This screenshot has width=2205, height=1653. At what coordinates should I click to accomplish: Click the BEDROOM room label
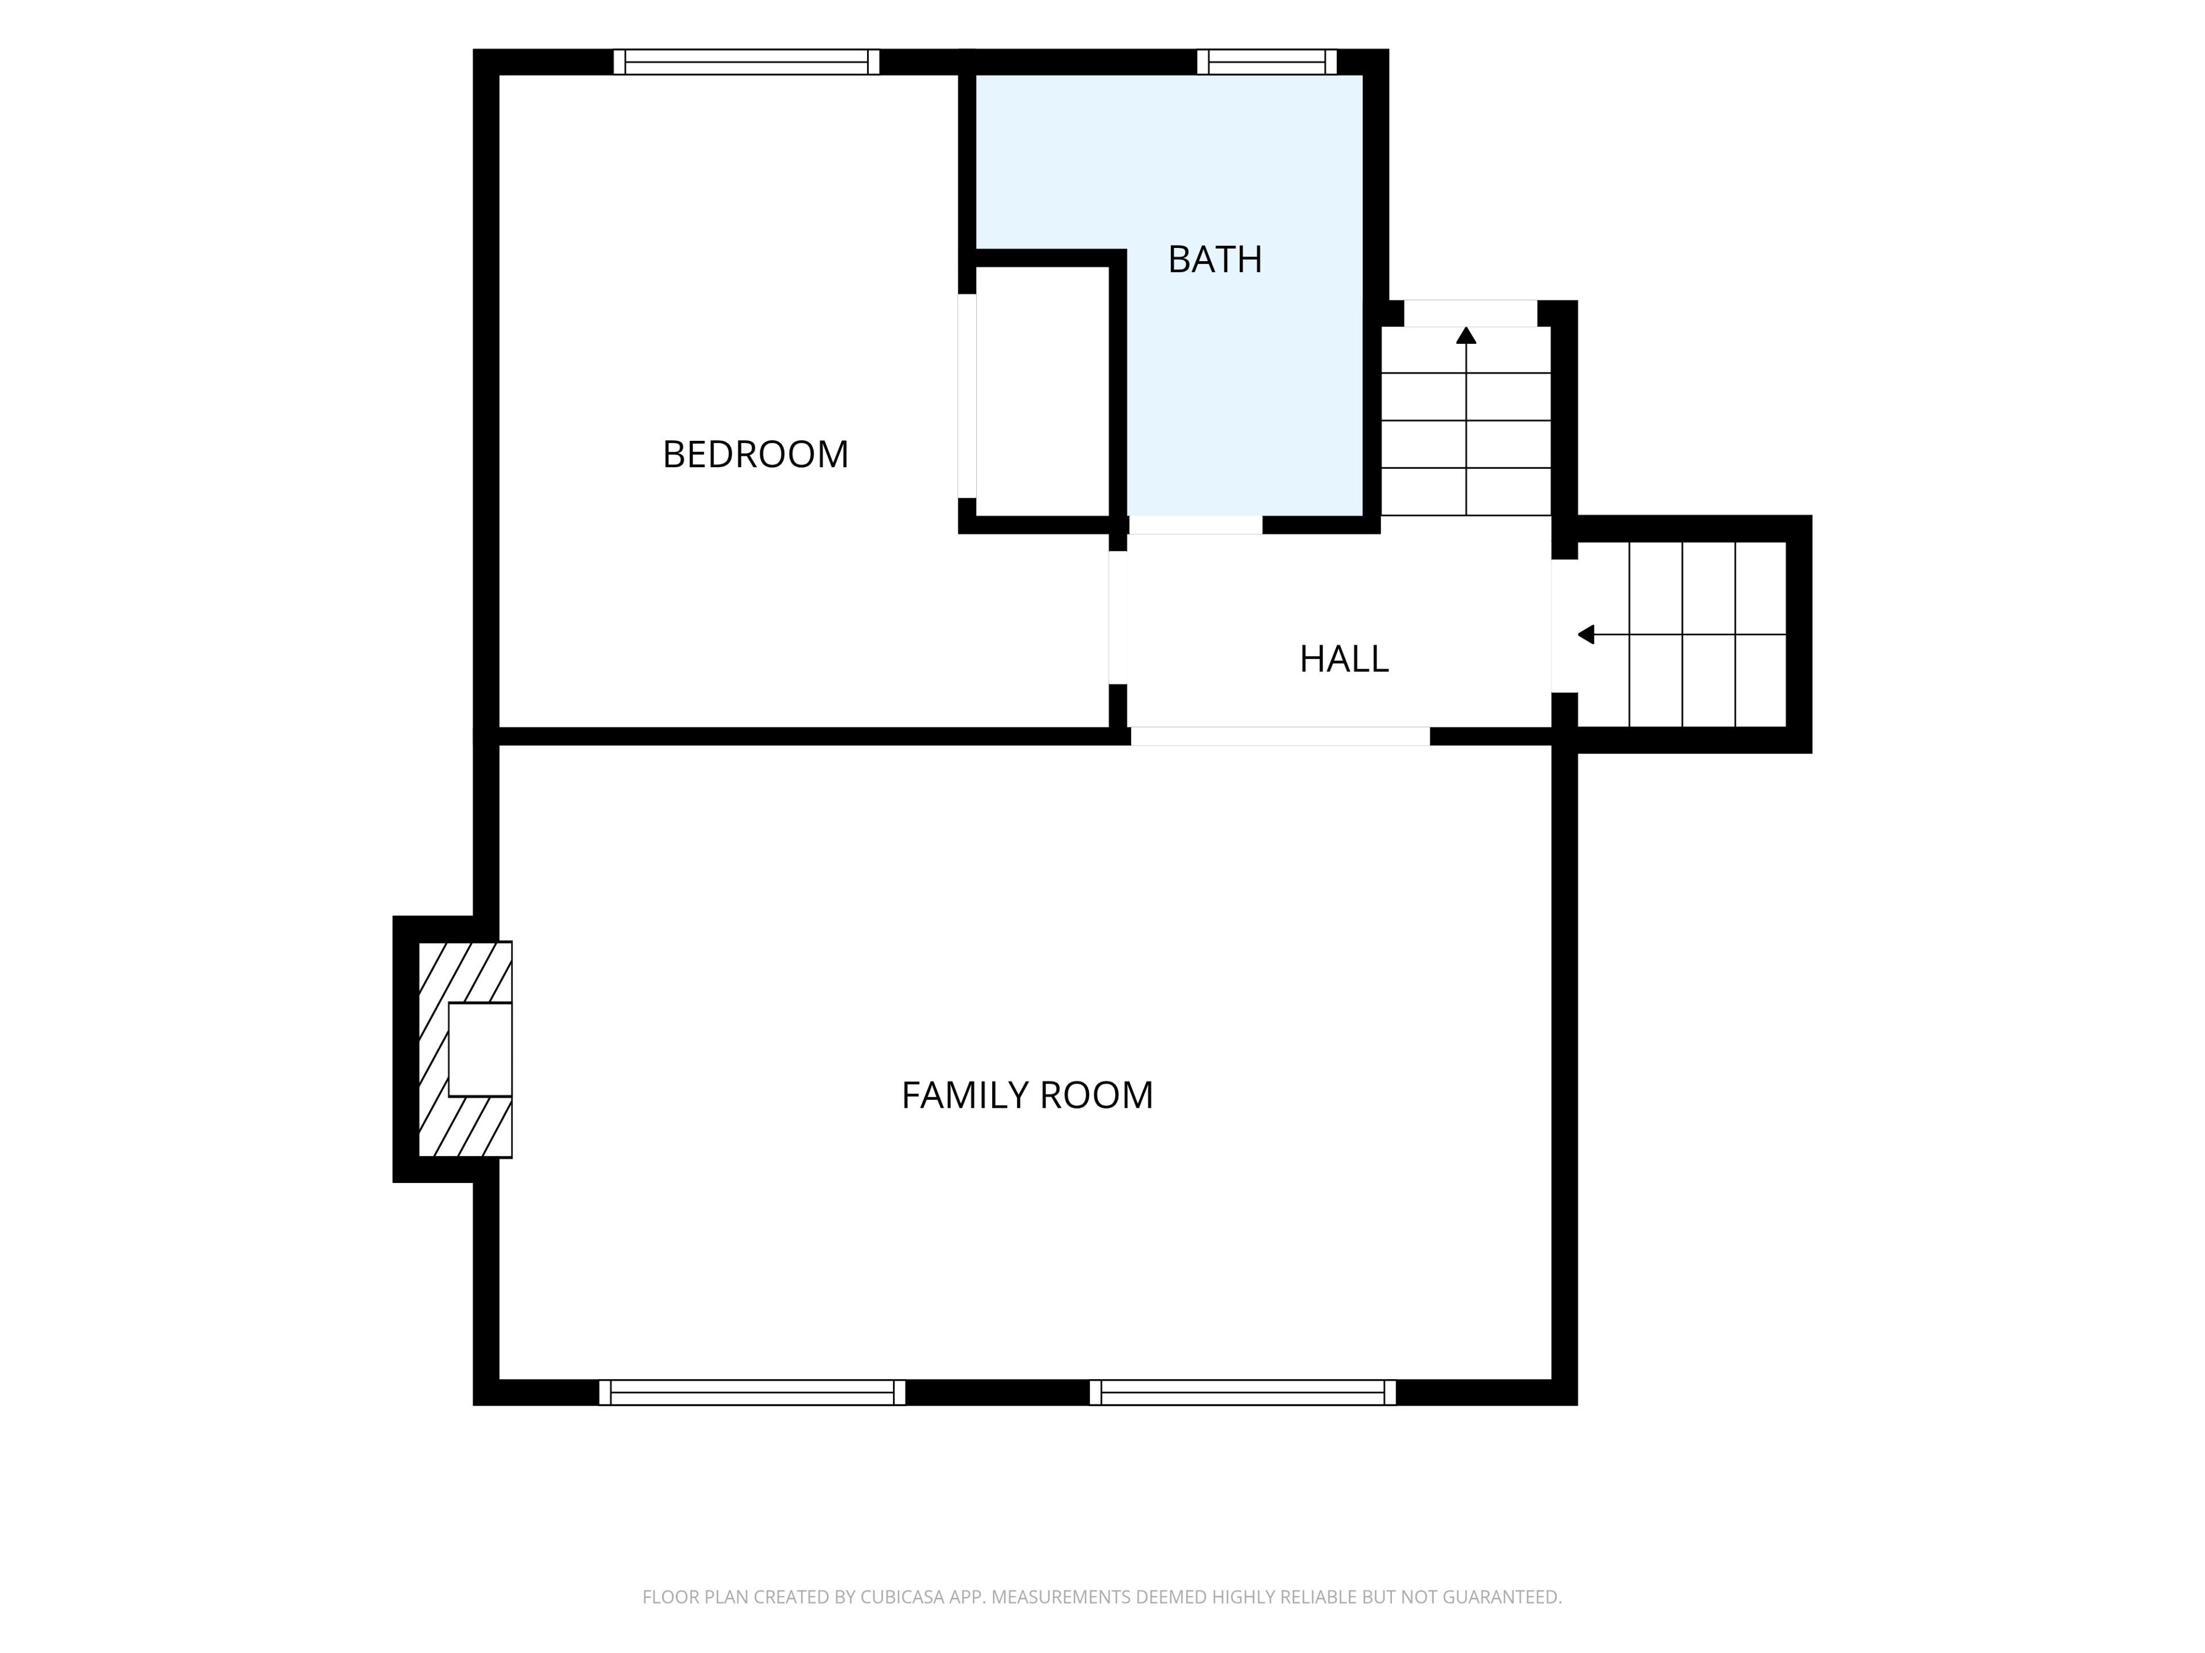tap(756, 455)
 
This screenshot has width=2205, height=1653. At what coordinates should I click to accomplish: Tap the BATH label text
tap(1215, 259)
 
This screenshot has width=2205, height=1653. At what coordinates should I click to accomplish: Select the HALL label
tap(1344, 658)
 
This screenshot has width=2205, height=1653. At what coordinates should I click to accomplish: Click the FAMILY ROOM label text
tap(1027, 1095)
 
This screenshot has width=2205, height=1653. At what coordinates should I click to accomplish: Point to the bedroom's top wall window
tap(746, 62)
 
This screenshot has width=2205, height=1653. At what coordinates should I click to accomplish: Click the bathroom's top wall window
tap(1267, 62)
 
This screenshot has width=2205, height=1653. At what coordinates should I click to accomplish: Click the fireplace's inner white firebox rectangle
tap(481, 1049)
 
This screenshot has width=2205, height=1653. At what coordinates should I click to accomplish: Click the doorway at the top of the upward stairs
tap(1471, 313)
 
